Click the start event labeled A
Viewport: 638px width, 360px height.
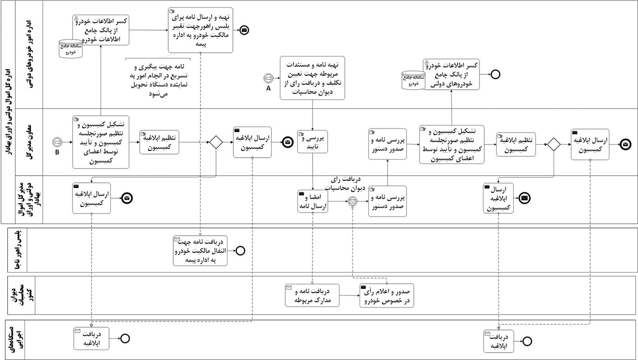268,78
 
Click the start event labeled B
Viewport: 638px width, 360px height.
57,142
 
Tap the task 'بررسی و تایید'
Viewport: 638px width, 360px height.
313,142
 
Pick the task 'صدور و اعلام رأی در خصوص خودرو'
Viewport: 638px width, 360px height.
386,295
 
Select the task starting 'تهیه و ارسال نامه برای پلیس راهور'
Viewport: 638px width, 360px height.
201,30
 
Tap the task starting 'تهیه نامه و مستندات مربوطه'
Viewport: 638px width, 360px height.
312,77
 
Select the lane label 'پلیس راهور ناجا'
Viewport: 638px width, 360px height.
18,250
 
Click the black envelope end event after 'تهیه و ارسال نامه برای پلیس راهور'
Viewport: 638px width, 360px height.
245,30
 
